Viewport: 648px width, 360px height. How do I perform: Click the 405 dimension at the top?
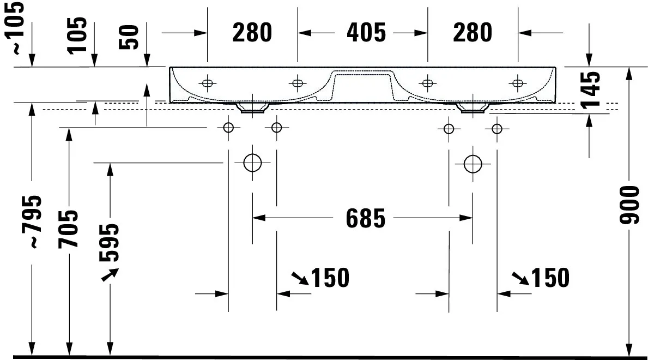(x=366, y=33)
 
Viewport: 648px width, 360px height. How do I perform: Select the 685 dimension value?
(x=365, y=219)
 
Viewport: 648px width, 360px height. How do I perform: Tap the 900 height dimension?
(x=629, y=205)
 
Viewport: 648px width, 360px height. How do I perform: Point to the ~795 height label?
(x=32, y=222)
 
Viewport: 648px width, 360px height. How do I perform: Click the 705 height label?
(x=68, y=229)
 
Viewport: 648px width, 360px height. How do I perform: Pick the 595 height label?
(x=109, y=243)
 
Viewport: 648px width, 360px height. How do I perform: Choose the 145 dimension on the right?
(x=590, y=89)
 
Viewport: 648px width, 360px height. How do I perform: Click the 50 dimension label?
(x=129, y=37)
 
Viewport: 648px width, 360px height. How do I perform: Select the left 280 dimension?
(x=252, y=33)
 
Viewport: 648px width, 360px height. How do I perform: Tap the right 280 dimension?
(x=473, y=33)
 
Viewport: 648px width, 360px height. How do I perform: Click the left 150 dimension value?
(x=330, y=278)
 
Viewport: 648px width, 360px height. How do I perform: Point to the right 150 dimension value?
(x=550, y=278)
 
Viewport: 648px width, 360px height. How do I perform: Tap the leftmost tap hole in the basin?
(x=208, y=83)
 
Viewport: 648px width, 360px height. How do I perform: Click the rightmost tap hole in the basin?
(x=517, y=83)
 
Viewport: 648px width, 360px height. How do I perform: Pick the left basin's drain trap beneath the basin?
(x=252, y=107)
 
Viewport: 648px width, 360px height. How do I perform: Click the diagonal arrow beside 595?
(x=110, y=275)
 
